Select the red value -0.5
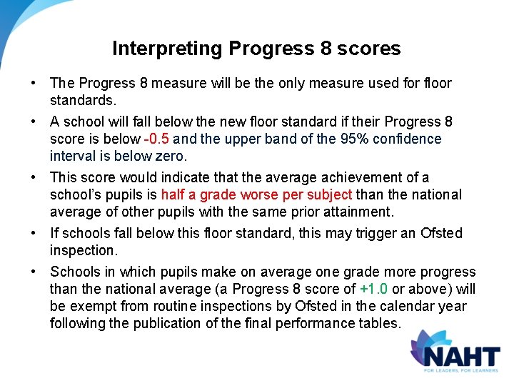coord(156,139)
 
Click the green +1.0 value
coord(373,289)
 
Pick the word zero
coord(170,156)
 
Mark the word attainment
coord(356,212)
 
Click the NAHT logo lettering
coord(460,356)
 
